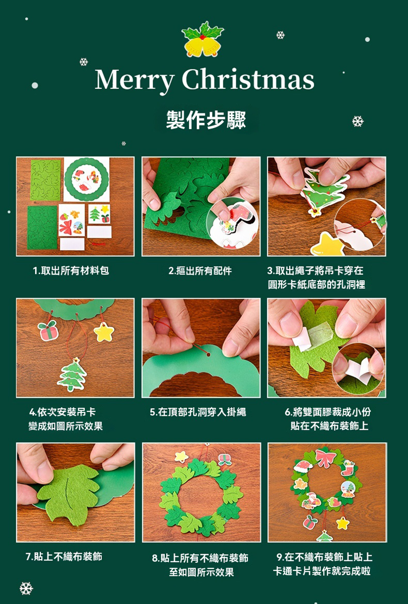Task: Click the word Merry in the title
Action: [x=134, y=80]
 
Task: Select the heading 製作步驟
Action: [x=206, y=119]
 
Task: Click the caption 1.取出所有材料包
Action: [x=71, y=271]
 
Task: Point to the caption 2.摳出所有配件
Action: [x=200, y=271]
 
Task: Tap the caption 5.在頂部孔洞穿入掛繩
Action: [x=198, y=412]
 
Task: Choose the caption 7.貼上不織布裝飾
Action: [x=64, y=557]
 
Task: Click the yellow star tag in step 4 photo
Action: [x=104, y=332]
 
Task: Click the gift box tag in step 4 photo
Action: [x=48, y=330]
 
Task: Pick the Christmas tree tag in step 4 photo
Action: [x=72, y=375]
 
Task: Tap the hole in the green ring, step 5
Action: [x=209, y=354]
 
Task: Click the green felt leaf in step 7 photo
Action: [x=68, y=493]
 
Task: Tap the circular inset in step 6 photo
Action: [x=359, y=369]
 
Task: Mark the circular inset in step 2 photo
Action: [x=233, y=223]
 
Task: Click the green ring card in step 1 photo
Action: [x=87, y=179]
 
